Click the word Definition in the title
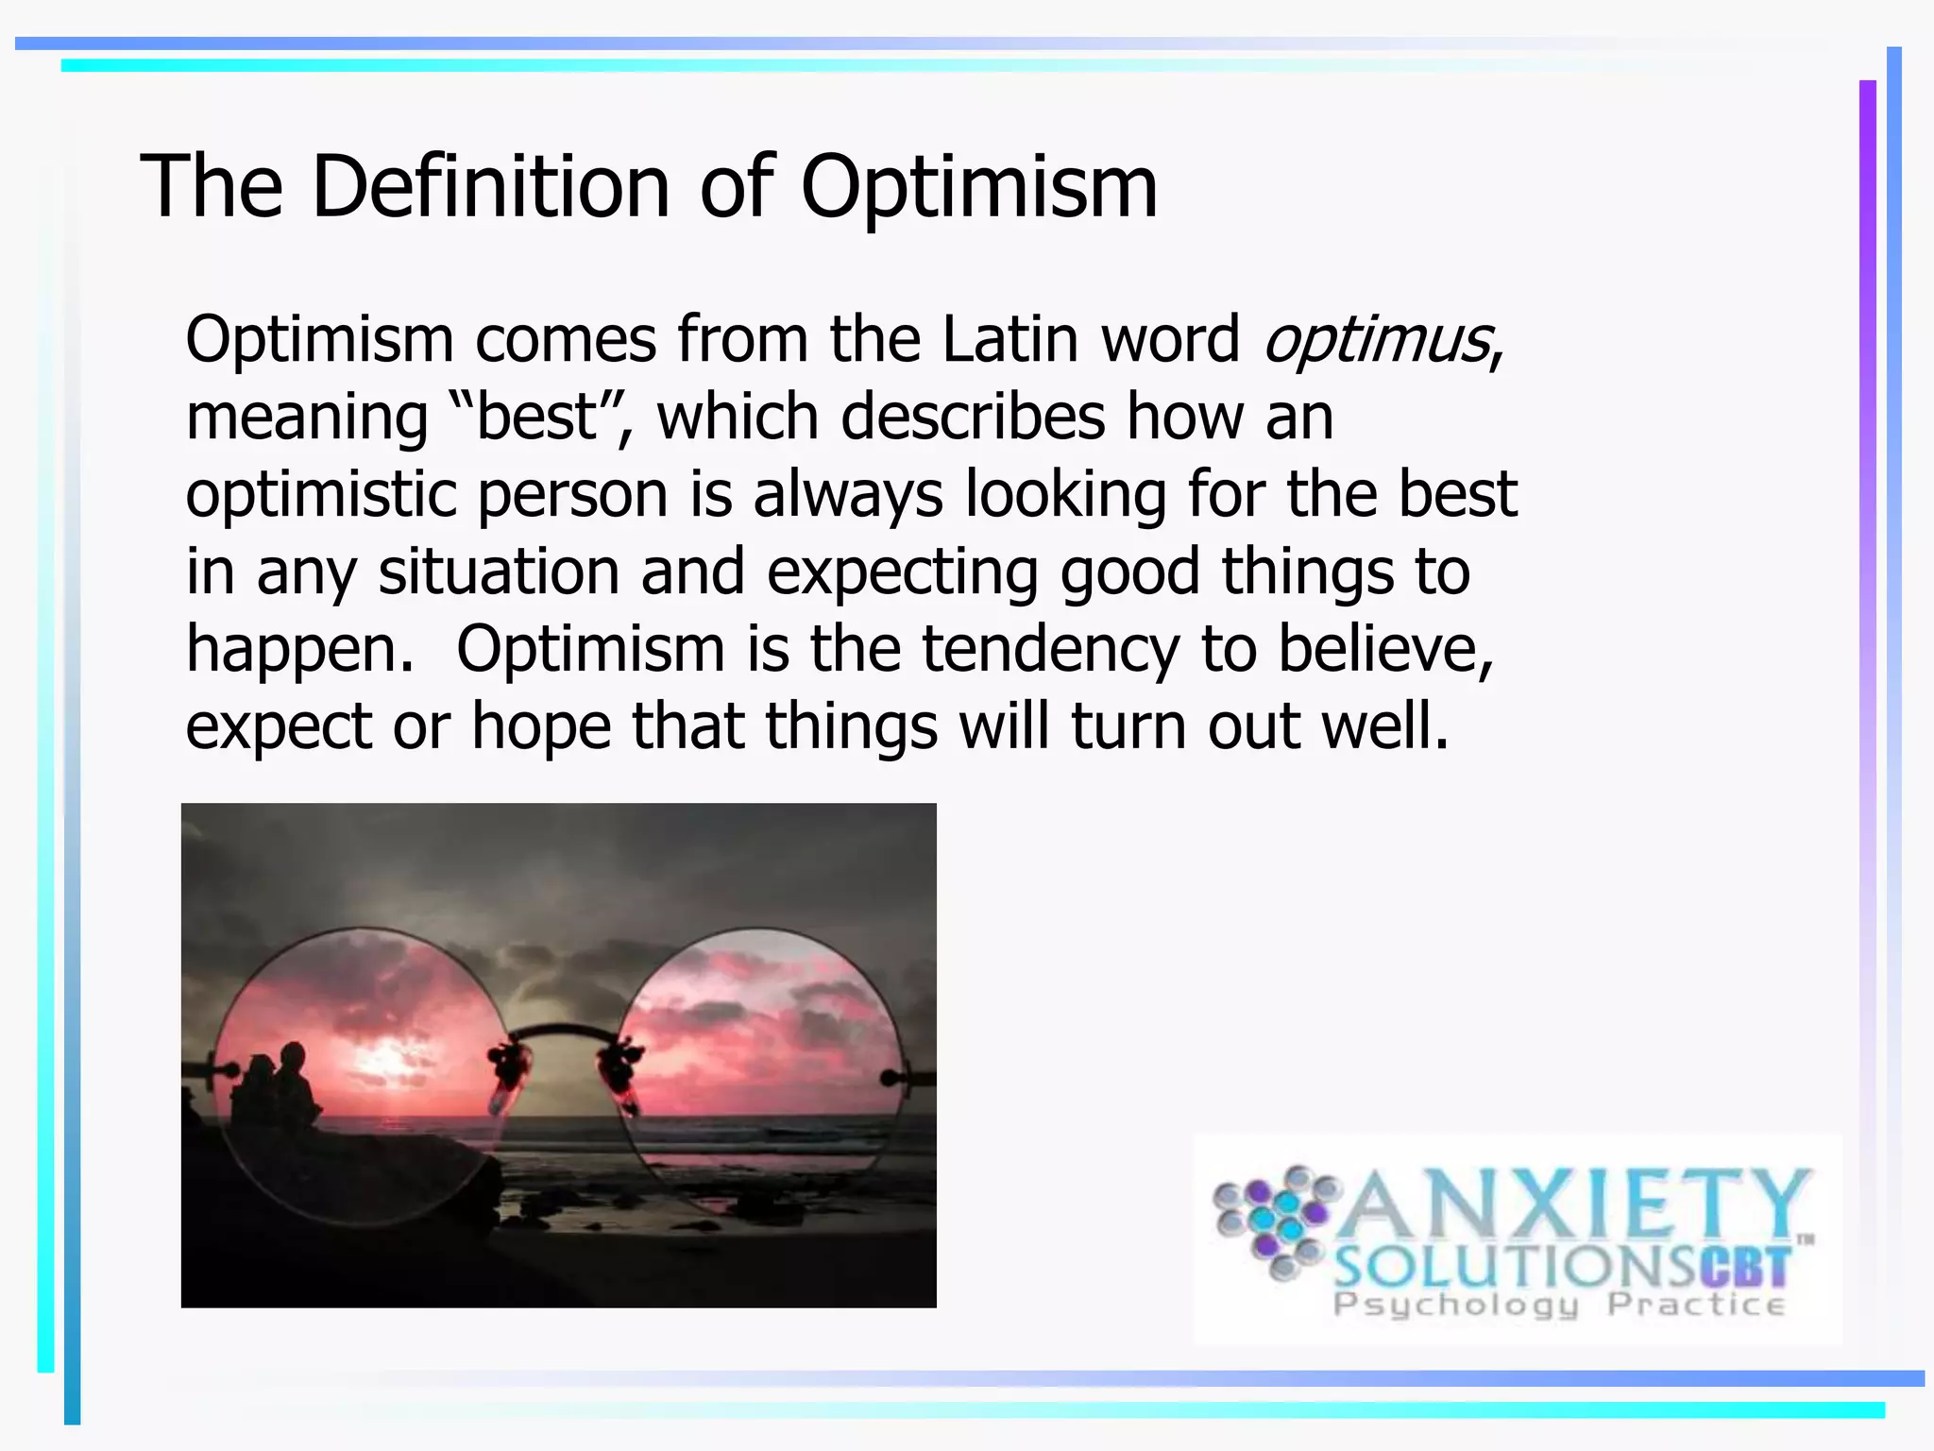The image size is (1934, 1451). coord(490,186)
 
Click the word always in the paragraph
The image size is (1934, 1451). coord(847,495)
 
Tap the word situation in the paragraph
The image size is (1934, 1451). coord(499,572)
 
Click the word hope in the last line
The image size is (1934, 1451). coord(541,726)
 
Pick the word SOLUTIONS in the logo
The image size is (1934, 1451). coord(1516,1267)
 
